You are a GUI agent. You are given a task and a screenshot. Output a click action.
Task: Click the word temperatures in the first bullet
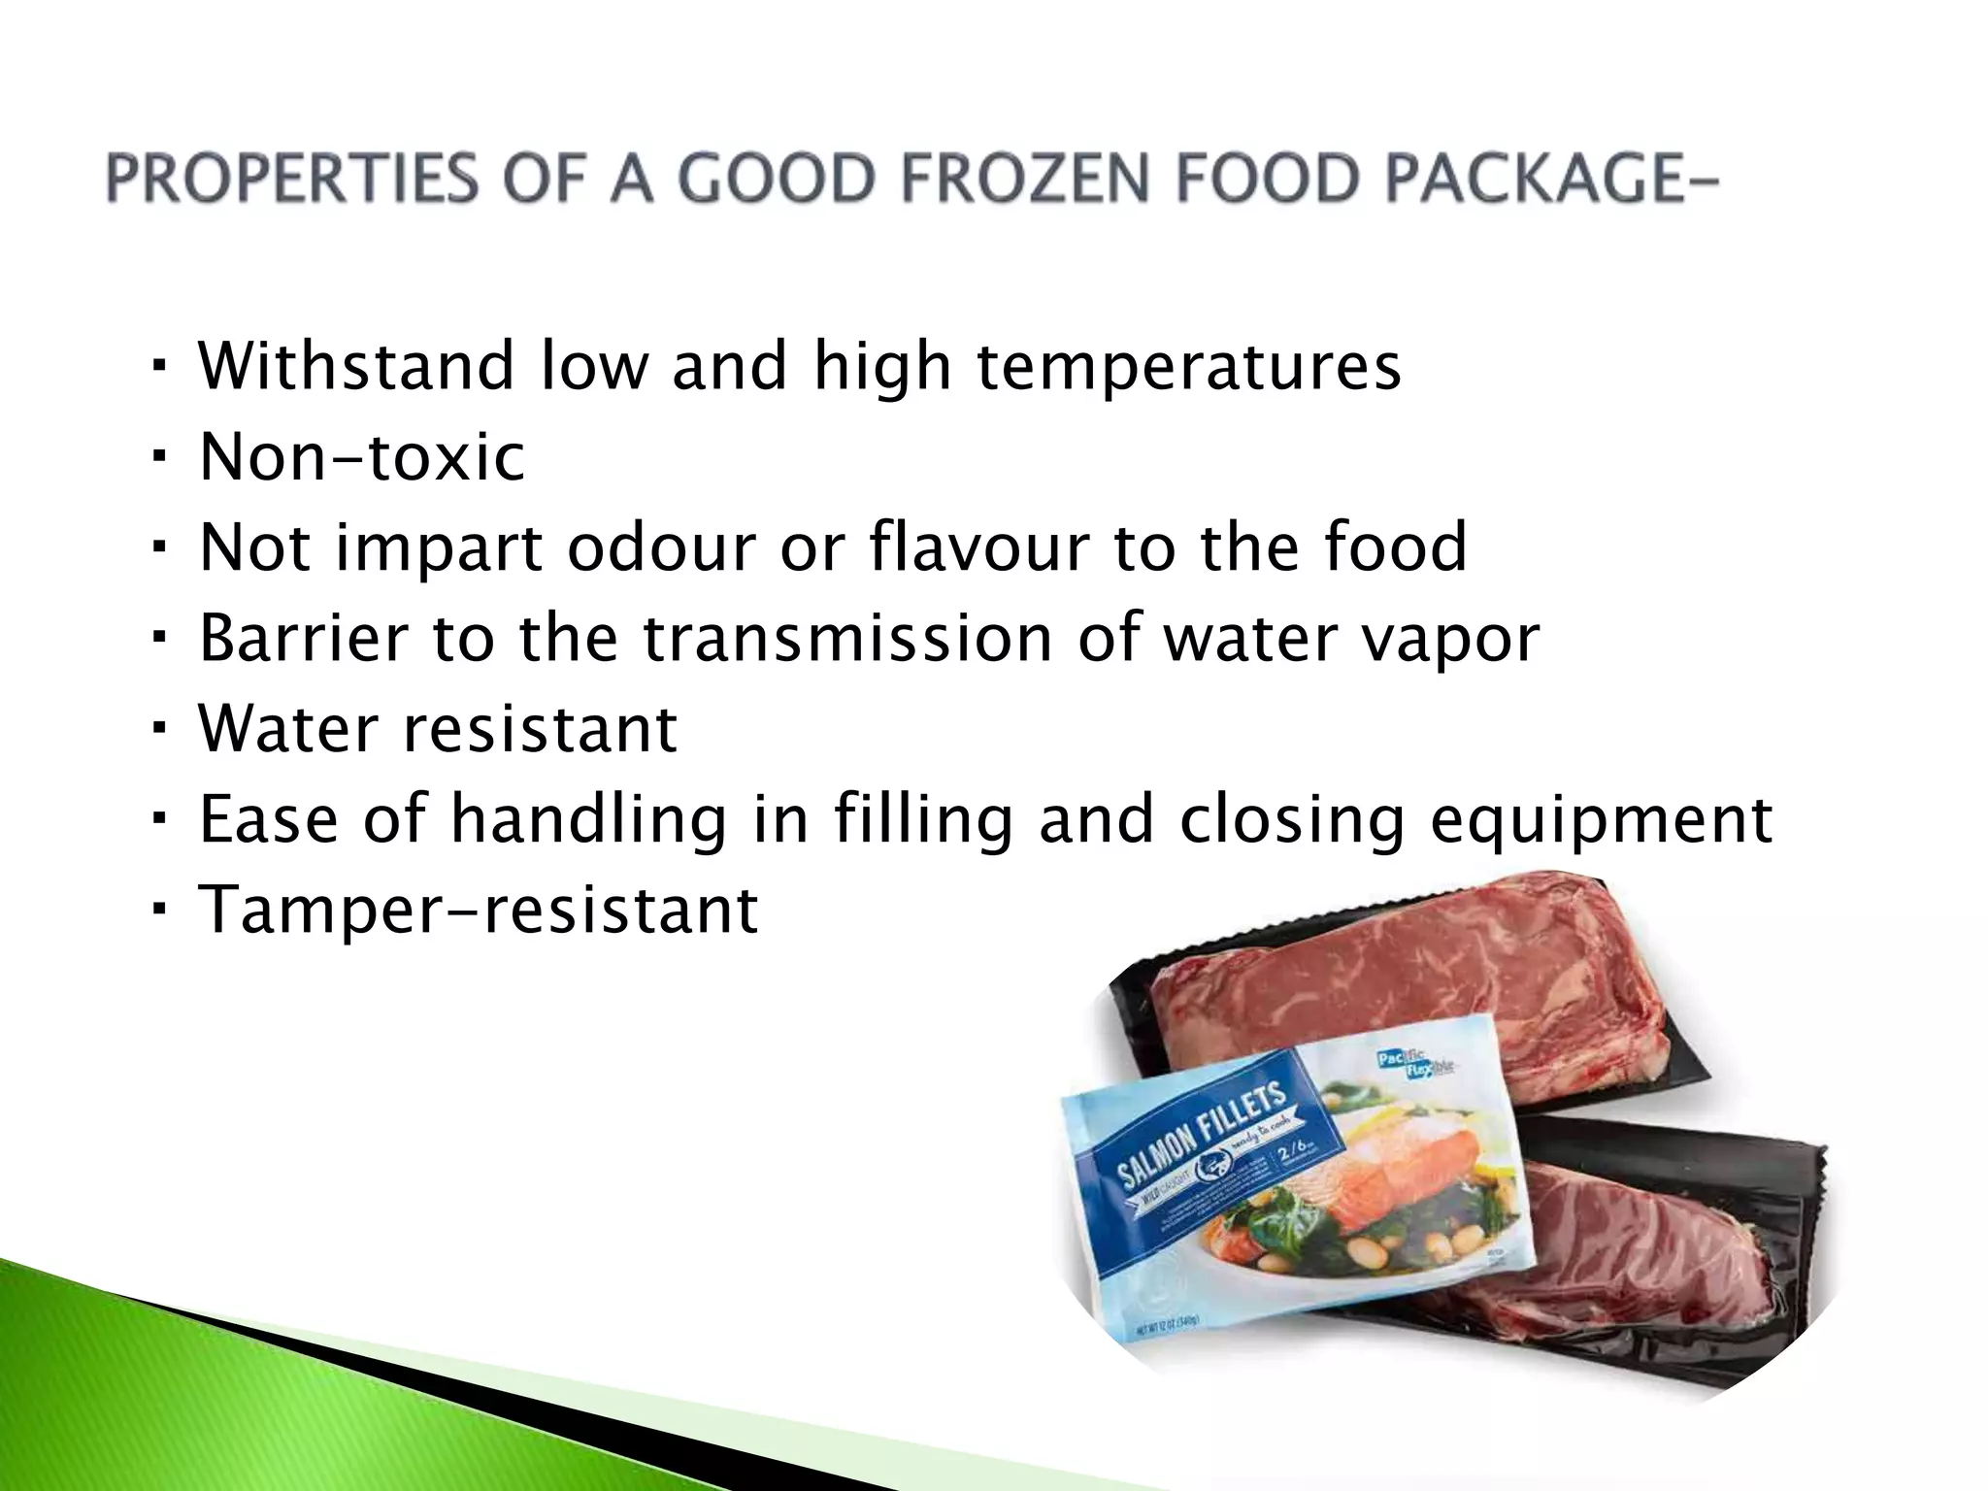tap(1188, 367)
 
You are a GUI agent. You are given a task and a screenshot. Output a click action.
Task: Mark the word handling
tap(588, 821)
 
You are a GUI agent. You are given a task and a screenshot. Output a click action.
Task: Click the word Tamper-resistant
tap(478, 910)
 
